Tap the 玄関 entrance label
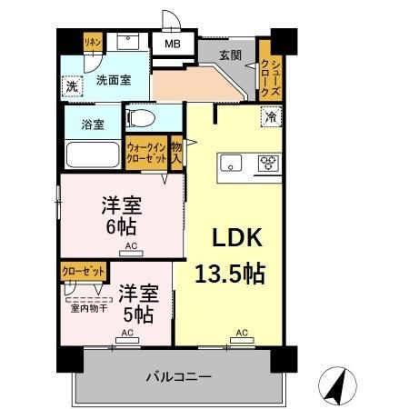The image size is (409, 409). click(x=230, y=55)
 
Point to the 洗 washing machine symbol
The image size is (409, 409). click(x=72, y=86)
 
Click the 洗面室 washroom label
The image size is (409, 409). click(x=114, y=80)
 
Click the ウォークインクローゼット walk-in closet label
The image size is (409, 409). click(x=145, y=153)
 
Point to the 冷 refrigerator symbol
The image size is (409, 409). click(x=271, y=116)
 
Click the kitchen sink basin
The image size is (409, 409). click(x=230, y=164)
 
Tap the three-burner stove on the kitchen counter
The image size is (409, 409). click(x=268, y=164)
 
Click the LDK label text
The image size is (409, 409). click(x=237, y=238)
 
